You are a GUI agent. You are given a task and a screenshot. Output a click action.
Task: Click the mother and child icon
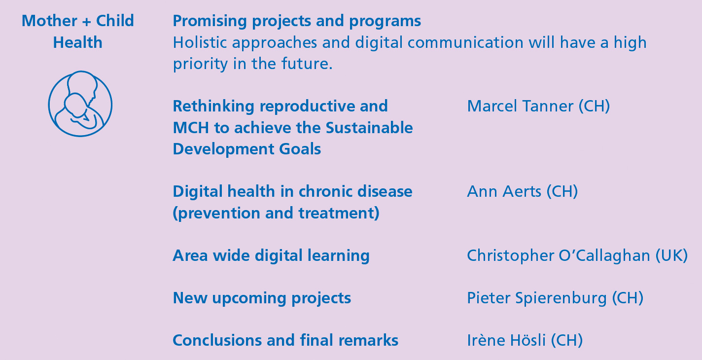tap(80, 104)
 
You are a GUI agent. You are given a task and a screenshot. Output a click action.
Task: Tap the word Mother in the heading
tap(49, 21)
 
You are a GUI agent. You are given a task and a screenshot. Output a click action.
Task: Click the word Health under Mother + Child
tap(78, 42)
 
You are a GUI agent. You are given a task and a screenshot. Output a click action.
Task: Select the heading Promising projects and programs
tap(297, 21)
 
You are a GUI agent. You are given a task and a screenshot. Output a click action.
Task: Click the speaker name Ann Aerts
tap(504, 191)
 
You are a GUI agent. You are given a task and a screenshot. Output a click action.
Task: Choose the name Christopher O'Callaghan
tap(559, 255)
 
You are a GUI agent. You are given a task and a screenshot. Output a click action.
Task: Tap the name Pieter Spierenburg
tap(537, 298)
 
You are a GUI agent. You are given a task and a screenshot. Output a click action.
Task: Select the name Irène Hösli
tap(506, 340)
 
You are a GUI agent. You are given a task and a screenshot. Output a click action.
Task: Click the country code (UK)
tap(671, 255)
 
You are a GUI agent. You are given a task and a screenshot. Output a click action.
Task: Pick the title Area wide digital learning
tap(271, 255)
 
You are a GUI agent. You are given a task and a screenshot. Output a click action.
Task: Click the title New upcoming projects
tap(262, 298)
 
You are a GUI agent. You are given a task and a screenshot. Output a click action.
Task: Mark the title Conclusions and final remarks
tap(285, 340)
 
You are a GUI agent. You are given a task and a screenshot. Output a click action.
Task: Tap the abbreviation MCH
tap(191, 128)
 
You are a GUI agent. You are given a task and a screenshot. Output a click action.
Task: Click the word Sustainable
tap(369, 128)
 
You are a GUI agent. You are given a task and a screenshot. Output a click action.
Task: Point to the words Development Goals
tap(247, 149)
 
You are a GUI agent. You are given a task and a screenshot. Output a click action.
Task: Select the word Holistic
tap(200, 42)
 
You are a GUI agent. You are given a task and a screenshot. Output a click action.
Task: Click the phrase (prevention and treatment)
tap(276, 213)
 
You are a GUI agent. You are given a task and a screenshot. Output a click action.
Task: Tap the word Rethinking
tap(213, 107)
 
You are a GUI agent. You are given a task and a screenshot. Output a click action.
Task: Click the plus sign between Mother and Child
tap(86, 22)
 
